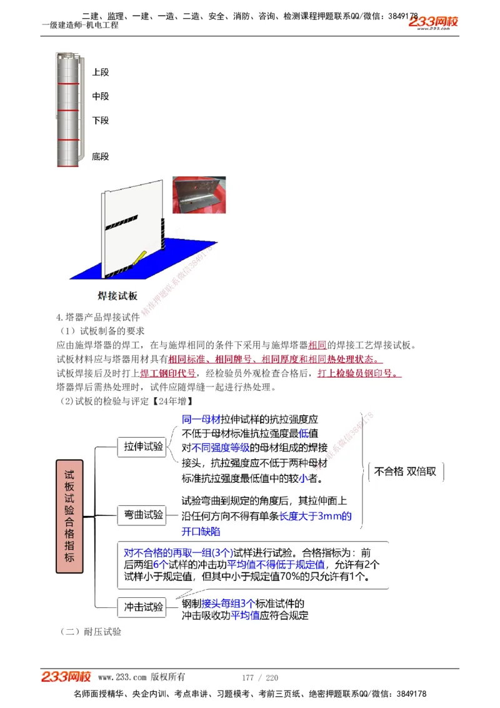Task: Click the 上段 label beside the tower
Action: coord(100,73)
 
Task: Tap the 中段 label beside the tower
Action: coord(100,96)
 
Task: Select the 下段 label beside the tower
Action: coord(100,120)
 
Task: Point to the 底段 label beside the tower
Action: coord(100,156)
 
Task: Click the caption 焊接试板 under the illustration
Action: coord(117,296)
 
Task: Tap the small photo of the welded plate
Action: coord(199,195)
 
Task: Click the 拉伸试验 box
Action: coord(143,446)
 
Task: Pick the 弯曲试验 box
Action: coord(143,515)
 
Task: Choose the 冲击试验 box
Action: coord(143,607)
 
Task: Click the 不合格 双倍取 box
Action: coord(406,472)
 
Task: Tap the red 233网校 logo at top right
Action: coord(434,23)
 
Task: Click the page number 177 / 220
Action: coord(259,678)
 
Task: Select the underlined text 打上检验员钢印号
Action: coord(359,373)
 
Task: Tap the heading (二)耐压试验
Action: coord(91,632)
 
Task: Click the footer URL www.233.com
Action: coord(122,677)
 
